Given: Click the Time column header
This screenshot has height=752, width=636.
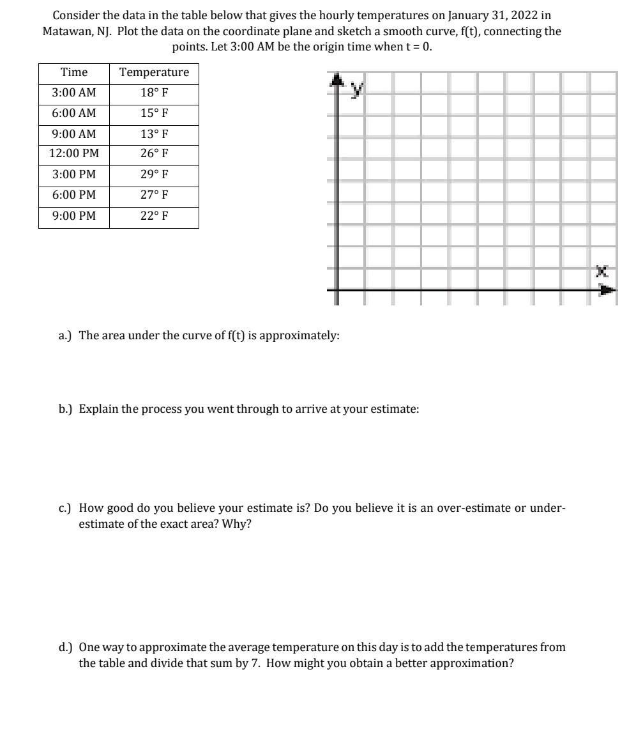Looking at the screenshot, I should pos(73,72).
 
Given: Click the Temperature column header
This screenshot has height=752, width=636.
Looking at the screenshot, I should pos(154,72).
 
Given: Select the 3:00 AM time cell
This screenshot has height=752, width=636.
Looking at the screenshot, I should pos(73,93).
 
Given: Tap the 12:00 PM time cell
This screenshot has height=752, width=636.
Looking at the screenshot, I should pos(73,153).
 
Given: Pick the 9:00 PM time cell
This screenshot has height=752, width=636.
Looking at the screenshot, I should pos(73,215).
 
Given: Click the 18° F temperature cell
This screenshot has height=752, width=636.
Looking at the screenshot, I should pos(154,93).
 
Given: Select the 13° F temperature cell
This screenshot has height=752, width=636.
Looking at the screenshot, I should pos(154,134).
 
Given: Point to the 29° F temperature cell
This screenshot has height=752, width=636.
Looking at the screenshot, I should pos(154,174).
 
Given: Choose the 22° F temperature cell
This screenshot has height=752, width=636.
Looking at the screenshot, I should pos(154,215).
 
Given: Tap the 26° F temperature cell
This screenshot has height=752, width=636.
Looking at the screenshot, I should pos(154,153).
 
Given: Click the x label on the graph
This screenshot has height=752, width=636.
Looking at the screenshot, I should pos(602,272).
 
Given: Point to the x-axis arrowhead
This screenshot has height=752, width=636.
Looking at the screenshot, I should pos(607,291).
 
